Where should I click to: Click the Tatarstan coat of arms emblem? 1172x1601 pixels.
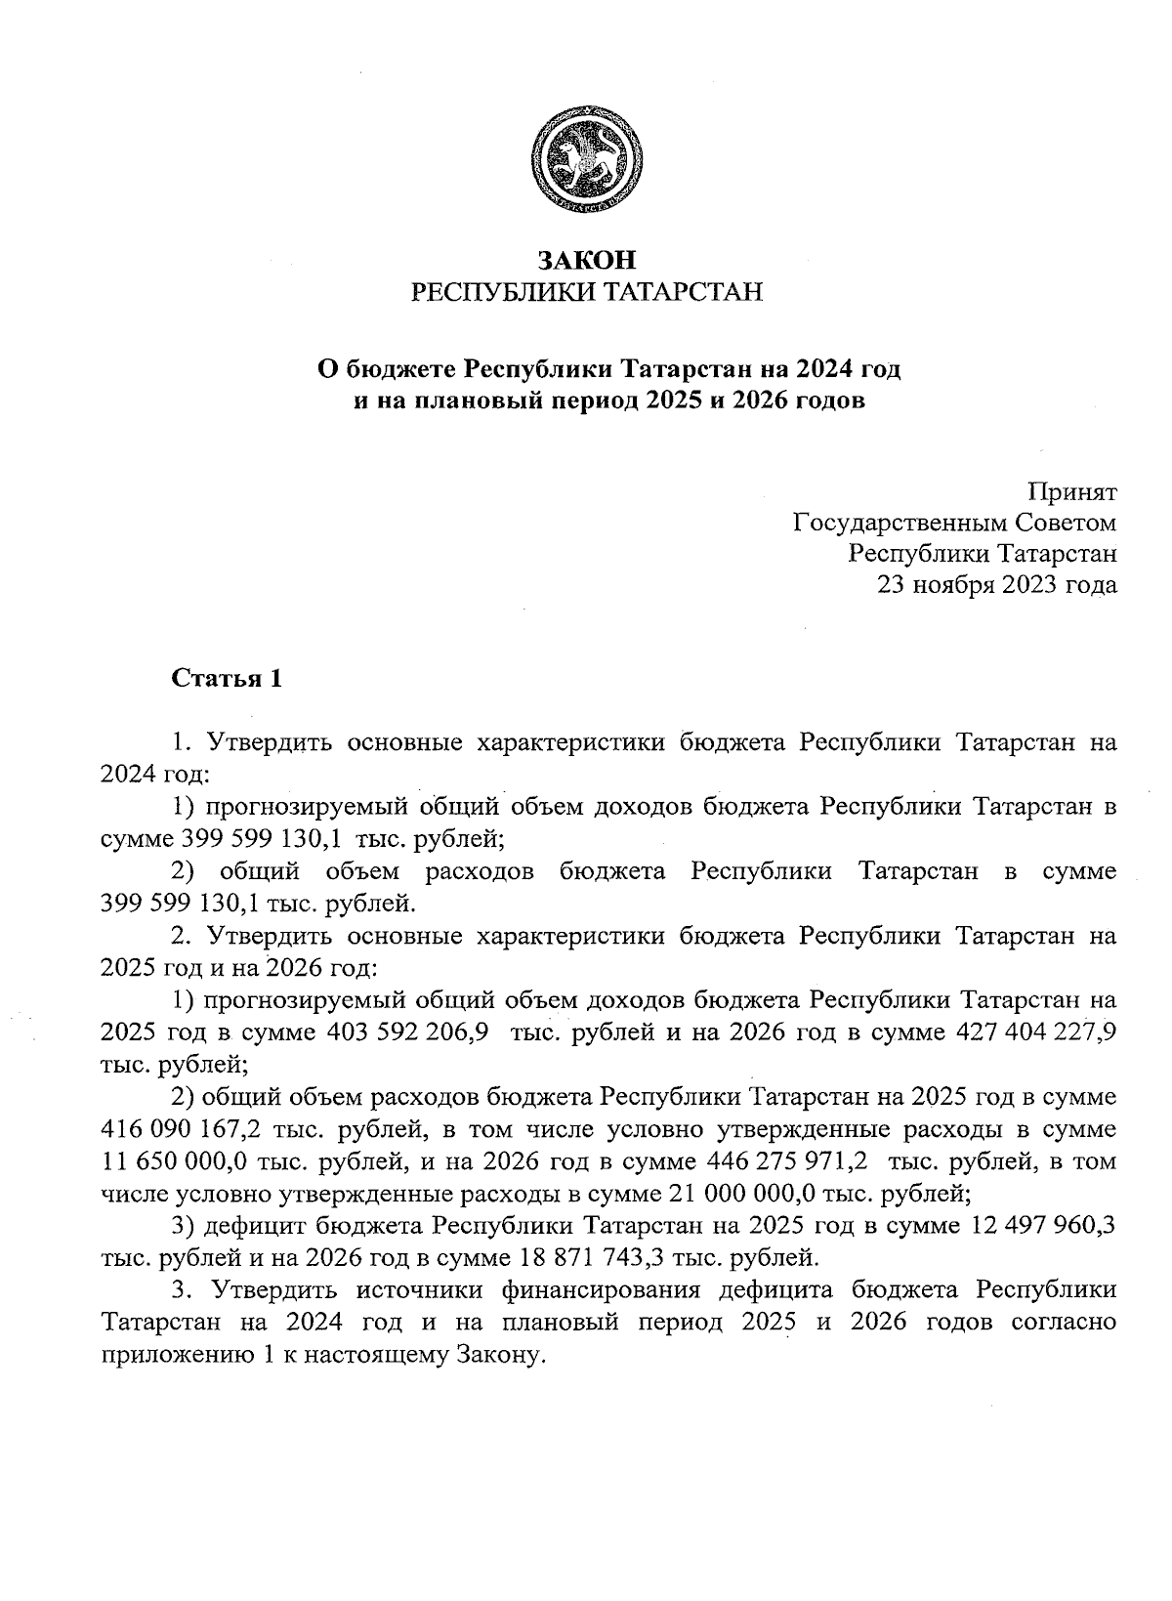click(x=586, y=161)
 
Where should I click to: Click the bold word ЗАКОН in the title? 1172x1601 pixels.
click(x=586, y=260)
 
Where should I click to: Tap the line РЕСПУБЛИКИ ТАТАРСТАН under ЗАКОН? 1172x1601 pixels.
click(x=586, y=292)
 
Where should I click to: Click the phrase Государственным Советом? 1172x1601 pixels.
click(x=954, y=524)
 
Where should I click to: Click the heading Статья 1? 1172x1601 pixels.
click(x=227, y=679)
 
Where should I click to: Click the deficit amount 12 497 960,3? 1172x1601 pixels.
click(x=1043, y=1225)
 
